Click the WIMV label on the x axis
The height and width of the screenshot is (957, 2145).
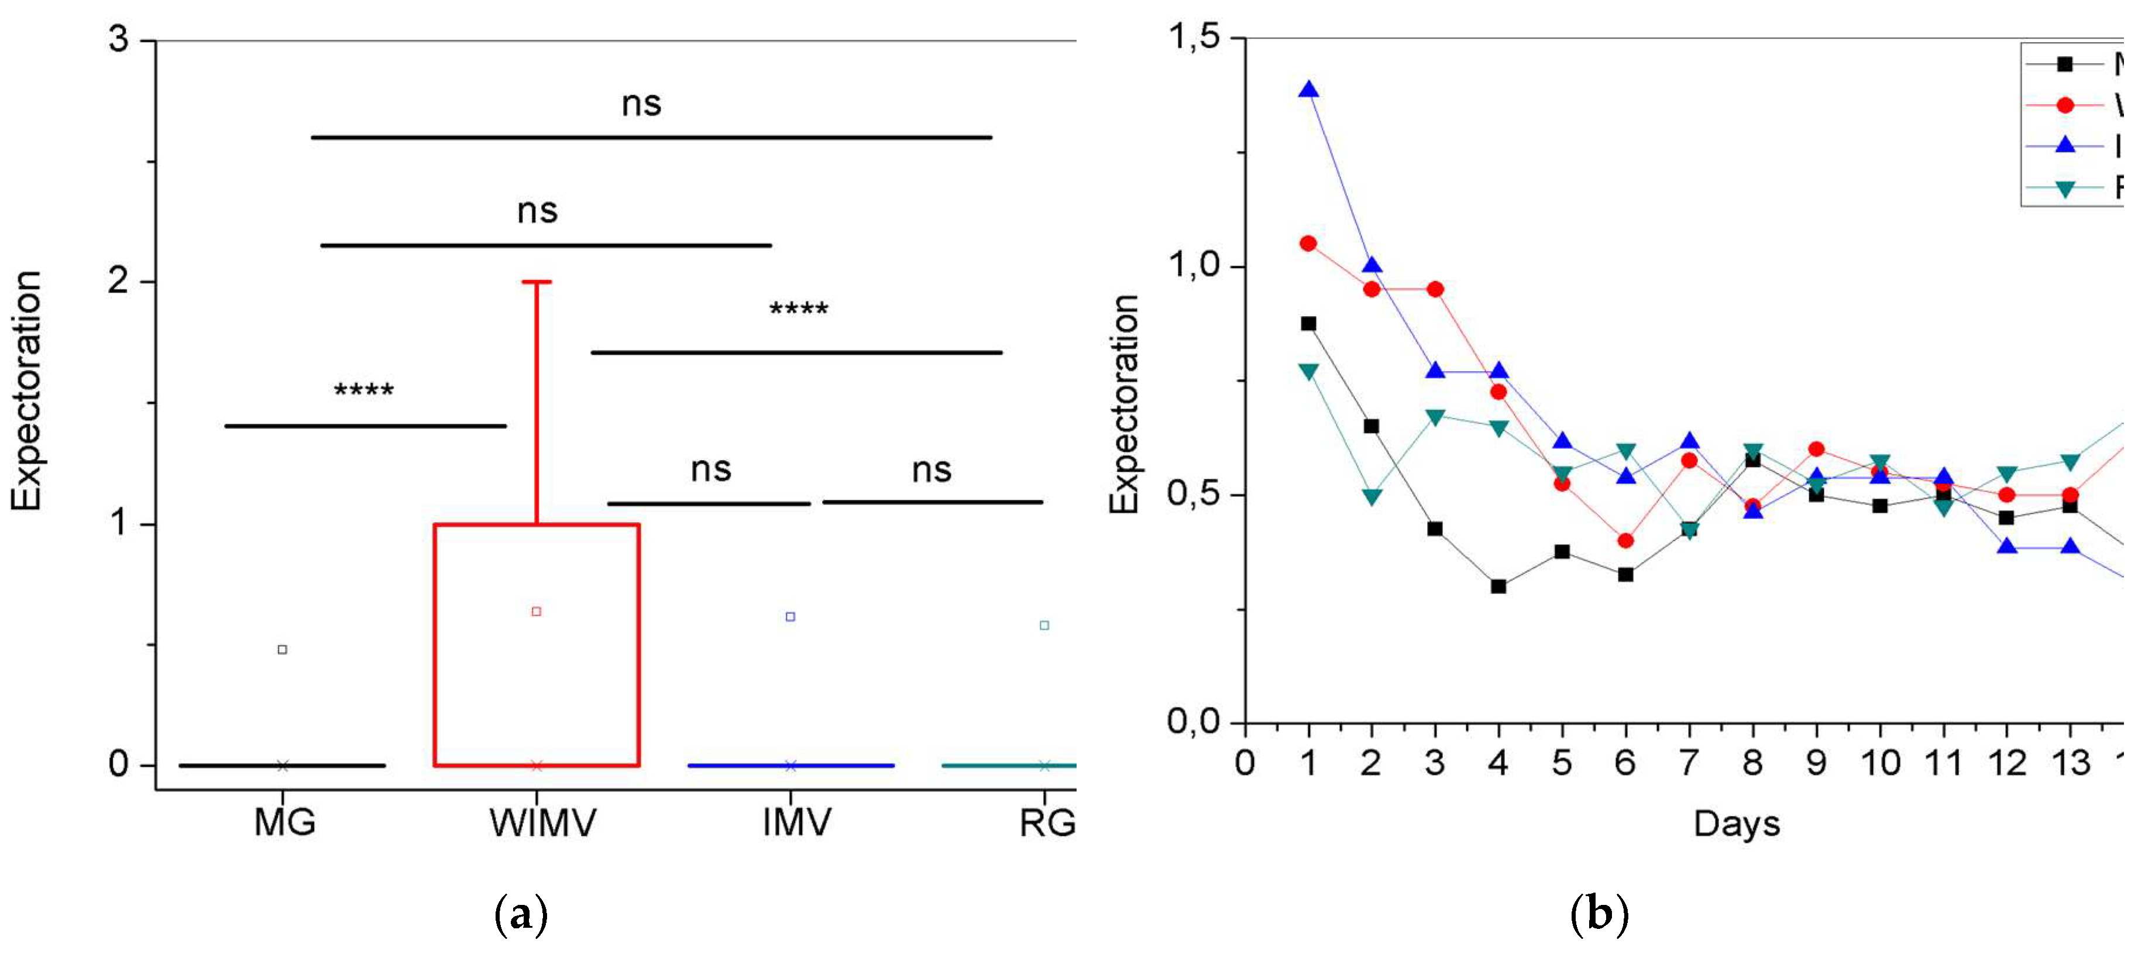pos(542,823)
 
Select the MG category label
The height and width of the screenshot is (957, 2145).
pos(285,823)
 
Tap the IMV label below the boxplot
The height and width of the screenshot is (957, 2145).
pos(796,823)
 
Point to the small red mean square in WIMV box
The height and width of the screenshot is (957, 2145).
pos(536,611)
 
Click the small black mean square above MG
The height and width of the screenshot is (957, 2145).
pos(282,649)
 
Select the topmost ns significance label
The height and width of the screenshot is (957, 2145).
pos(641,104)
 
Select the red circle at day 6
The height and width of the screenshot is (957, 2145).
pos(1625,541)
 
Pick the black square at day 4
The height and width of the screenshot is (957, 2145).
pos(1498,586)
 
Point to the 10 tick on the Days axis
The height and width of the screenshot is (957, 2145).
pos(1879,763)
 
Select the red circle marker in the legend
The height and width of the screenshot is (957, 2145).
pos(2064,105)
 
